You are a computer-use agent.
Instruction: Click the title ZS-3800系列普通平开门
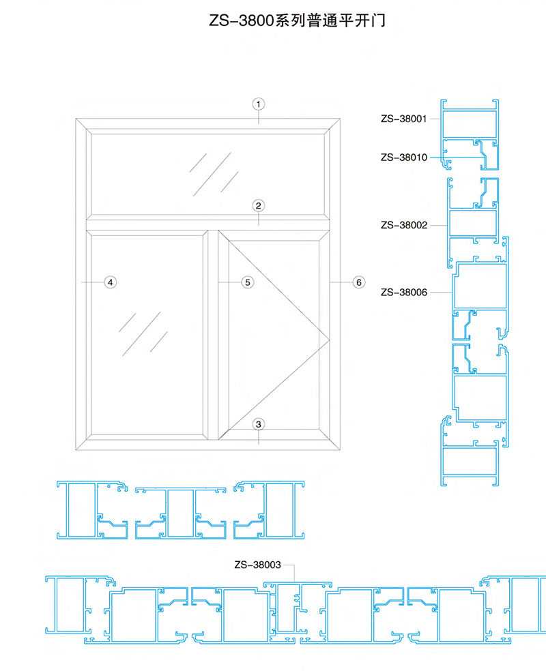click(x=297, y=20)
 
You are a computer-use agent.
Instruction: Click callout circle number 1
click(x=258, y=104)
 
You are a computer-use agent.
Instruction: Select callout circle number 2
click(x=258, y=206)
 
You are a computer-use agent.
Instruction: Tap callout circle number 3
click(x=258, y=424)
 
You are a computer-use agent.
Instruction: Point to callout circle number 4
click(x=111, y=282)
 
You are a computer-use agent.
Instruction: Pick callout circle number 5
click(x=248, y=282)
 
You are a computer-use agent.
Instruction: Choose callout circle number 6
click(x=359, y=282)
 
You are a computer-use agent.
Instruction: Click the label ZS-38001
click(x=404, y=119)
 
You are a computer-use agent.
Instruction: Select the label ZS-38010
click(x=404, y=158)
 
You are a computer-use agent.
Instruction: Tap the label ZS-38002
click(x=404, y=225)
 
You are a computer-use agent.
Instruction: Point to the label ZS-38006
click(x=404, y=293)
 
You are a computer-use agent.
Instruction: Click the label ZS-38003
click(x=257, y=565)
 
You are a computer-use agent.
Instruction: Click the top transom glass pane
click(x=207, y=174)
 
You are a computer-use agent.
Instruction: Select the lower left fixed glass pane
click(x=147, y=335)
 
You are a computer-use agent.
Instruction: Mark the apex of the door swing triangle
click(x=330, y=341)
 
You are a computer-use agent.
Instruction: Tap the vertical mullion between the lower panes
click(x=213, y=335)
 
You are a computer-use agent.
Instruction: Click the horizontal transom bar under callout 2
click(x=207, y=225)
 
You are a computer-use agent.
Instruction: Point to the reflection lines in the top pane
click(x=214, y=174)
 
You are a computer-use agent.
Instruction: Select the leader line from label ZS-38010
click(x=457, y=158)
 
